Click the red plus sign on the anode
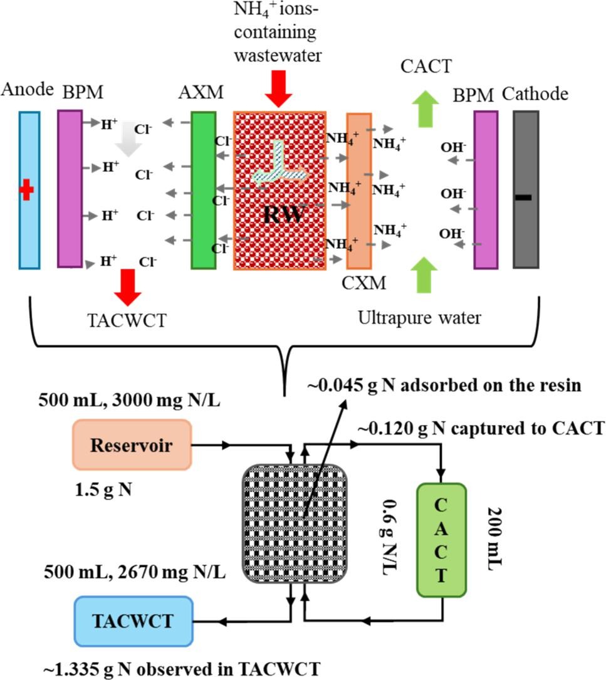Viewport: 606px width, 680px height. pos(26,189)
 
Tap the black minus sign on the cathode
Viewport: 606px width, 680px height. pos(523,197)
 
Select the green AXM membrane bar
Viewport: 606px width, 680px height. pos(203,190)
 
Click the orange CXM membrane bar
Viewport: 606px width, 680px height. pos(358,190)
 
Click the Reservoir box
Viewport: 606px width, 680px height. pos(132,444)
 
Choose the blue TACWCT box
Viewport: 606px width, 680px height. pos(132,620)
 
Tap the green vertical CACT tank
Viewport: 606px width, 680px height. pos(442,539)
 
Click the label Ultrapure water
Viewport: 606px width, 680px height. pos(419,318)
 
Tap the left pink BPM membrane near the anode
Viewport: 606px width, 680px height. pos(70,189)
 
